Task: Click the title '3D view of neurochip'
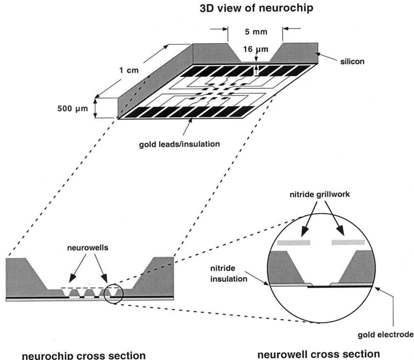(x=256, y=8)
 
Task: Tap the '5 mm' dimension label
(x=256, y=32)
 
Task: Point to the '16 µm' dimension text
(x=255, y=49)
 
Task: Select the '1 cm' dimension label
(x=129, y=70)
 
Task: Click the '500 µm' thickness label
(x=73, y=109)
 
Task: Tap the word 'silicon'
(x=352, y=61)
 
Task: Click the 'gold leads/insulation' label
(x=179, y=144)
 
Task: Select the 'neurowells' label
(x=88, y=248)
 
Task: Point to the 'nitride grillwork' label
(x=320, y=194)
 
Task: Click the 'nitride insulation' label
(x=229, y=274)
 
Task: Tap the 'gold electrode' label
(x=386, y=335)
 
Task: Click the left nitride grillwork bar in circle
(x=293, y=242)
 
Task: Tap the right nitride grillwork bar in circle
(x=348, y=242)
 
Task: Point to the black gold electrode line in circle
(x=340, y=287)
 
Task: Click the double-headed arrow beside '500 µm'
(x=95, y=108)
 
